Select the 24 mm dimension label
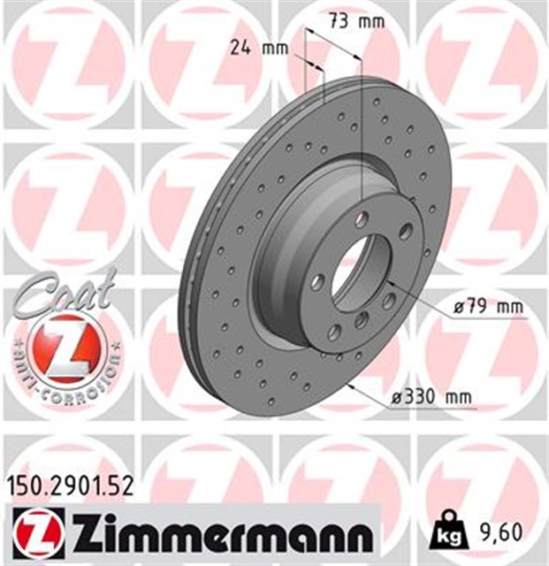pos(250,50)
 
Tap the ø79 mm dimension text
pos(484,307)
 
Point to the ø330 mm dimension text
pos(432,399)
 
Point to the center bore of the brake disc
pos(352,265)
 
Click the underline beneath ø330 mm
pos(432,409)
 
